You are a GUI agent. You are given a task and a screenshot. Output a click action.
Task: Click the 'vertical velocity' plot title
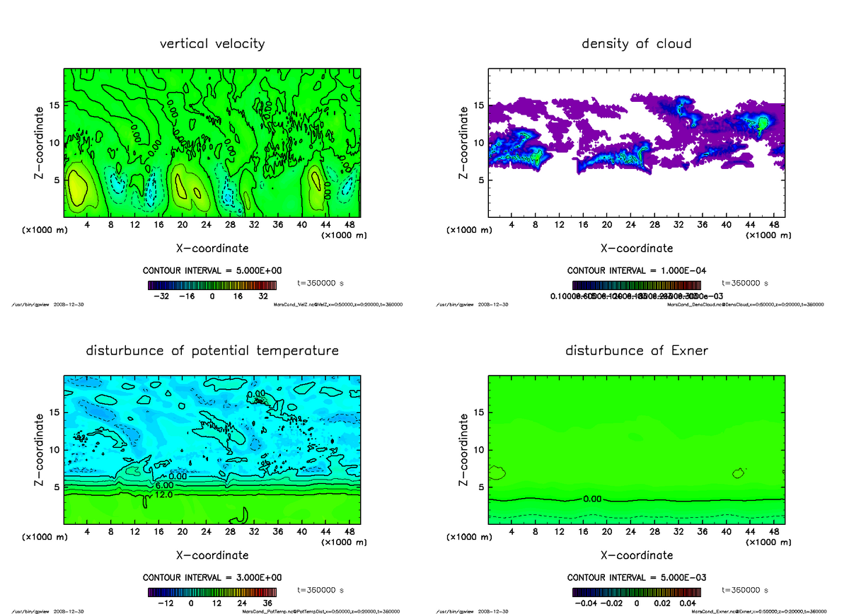[212, 44]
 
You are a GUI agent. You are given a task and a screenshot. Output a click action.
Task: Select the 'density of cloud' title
[636, 44]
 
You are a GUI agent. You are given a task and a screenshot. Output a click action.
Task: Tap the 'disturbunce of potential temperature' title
[212, 351]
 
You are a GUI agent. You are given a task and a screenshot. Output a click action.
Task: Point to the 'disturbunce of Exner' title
[636, 351]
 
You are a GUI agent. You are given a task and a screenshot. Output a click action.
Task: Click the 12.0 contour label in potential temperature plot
[164, 495]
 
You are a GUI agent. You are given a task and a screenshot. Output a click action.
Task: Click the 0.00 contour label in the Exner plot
[593, 499]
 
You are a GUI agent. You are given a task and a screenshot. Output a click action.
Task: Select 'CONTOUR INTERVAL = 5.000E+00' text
[212, 271]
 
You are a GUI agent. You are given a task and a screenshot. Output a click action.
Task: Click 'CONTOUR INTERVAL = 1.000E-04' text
[637, 271]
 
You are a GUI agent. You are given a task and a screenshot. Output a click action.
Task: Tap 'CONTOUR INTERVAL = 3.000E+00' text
[212, 577]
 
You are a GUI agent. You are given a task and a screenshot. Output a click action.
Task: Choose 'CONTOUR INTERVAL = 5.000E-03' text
[637, 577]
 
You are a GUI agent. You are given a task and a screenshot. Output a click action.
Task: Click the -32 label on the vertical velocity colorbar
[165, 297]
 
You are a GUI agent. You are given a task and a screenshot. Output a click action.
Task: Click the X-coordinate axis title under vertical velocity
[212, 248]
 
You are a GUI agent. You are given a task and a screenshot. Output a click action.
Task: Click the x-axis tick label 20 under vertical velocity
[182, 225]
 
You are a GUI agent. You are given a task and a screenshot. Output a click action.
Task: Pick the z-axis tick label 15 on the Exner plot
[479, 412]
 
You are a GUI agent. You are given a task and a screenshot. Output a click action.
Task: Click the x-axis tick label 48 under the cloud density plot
[773, 225]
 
